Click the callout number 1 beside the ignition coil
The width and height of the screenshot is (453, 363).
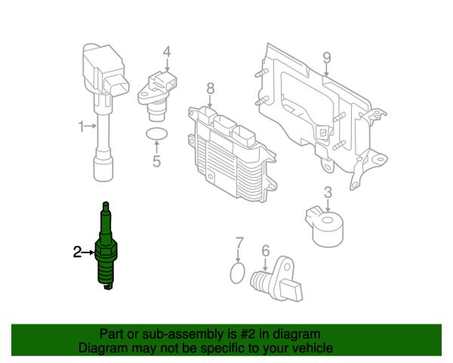point(82,126)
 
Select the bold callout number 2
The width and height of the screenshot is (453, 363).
point(78,252)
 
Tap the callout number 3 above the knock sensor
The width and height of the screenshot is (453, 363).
point(328,193)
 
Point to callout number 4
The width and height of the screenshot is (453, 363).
point(167,52)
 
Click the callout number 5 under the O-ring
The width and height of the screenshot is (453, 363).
point(156,161)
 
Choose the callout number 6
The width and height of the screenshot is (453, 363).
point(266,250)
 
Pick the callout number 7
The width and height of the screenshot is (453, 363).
point(239,244)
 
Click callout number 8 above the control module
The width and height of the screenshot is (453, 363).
point(211,88)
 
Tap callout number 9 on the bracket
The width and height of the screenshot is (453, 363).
point(327,58)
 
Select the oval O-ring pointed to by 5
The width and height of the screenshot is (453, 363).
point(156,134)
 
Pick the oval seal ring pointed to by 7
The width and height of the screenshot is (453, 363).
point(238,273)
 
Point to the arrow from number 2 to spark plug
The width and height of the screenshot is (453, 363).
point(88,253)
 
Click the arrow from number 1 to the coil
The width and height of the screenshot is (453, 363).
point(91,126)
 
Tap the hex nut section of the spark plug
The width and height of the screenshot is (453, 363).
point(106,250)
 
